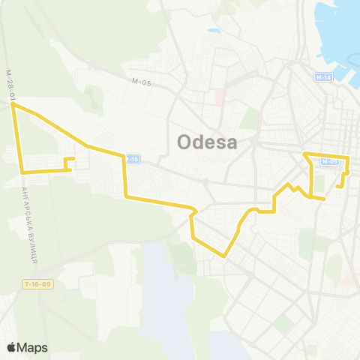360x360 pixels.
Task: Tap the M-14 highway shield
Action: [x=323, y=77]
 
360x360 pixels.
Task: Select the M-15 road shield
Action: [x=132, y=158]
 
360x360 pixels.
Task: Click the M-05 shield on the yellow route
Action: [x=331, y=160]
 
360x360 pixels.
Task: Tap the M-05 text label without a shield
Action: [x=141, y=82]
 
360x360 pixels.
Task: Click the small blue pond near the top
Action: [x=214, y=32]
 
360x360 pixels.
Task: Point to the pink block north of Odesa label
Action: [x=219, y=97]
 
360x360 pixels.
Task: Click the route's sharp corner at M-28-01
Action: [x=13, y=106]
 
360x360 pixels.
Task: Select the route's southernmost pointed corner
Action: [x=224, y=256]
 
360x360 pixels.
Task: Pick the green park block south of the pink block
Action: [x=249, y=118]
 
